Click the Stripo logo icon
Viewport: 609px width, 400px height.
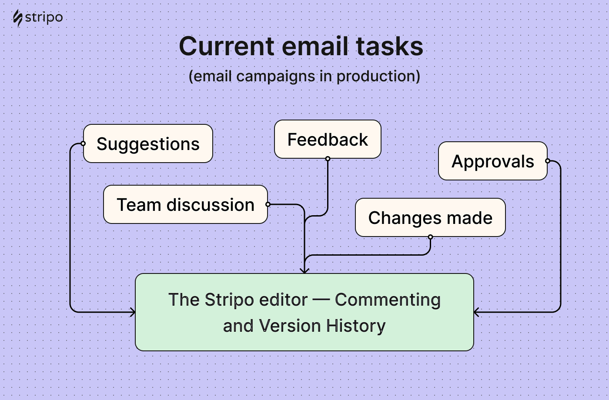pos(17,19)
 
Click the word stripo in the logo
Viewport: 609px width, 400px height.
pos(44,18)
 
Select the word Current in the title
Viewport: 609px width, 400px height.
pos(227,47)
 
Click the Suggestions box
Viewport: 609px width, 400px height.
pos(148,144)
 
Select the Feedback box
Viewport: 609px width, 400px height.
pos(328,140)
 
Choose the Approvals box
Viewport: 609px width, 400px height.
pos(492,161)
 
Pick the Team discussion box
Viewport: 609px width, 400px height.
pos(185,205)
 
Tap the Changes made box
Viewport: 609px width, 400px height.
pos(430,218)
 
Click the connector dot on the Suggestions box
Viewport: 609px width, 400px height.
pos(83,143)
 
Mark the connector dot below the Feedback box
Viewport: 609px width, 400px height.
pos(328,159)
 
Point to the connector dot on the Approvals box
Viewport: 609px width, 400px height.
pos(547,161)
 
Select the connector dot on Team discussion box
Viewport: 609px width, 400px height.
pos(268,204)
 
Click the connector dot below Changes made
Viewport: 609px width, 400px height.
pos(430,237)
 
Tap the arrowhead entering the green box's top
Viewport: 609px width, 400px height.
pos(304,270)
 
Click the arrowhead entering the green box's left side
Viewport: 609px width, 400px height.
pos(132,312)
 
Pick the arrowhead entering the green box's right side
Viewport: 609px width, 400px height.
pos(477,312)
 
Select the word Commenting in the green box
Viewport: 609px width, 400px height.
pos(388,300)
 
